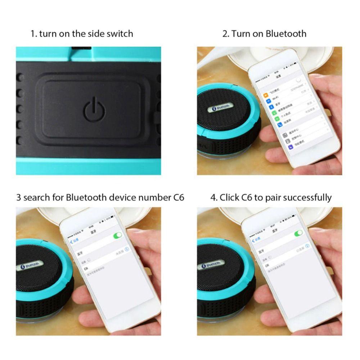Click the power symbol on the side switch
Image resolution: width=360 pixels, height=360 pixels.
click(x=94, y=109)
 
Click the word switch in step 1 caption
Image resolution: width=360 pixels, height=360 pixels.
click(x=120, y=34)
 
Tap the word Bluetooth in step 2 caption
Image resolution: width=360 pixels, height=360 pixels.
click(x=286, y=34)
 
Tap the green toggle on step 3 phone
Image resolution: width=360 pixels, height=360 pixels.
click(x=117, y=235)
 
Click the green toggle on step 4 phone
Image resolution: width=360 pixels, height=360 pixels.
click(x=298, y=234)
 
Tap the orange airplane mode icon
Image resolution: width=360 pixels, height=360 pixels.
click(x=265, y=95)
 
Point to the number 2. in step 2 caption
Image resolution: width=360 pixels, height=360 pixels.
click(x=226, y=34)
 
